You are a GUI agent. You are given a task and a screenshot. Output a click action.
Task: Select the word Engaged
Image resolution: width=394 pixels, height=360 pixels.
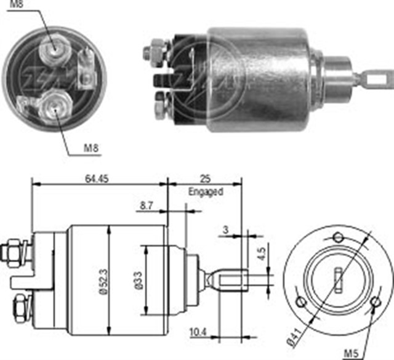[205, 192]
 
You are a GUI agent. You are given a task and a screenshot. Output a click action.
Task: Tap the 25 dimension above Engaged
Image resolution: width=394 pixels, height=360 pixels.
[206, 179]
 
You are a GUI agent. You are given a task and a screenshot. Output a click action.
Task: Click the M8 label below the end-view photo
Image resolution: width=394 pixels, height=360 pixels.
[90, 148]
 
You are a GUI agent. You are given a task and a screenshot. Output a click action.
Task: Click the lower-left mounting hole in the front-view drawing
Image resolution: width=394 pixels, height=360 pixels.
[301, 301]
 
